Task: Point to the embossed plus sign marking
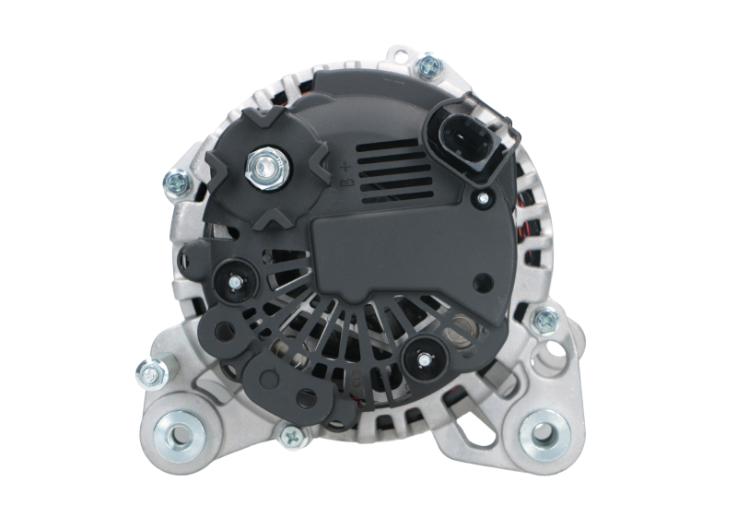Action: coord(345,166)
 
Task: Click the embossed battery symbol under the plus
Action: coord(345,184)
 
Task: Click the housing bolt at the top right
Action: coord(427,66)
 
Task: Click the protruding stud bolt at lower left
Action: coord(146,371)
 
